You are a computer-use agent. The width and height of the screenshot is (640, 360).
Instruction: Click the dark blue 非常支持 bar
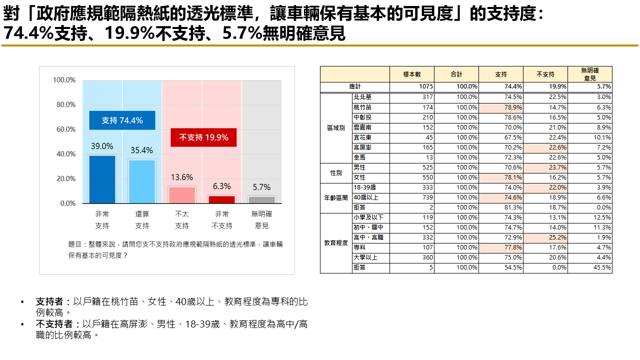pyautogui.click(x=102, y=179)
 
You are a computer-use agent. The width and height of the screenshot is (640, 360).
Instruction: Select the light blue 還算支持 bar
pyautogui.click(x=142, y=181)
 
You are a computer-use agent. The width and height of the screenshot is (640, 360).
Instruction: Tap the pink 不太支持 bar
pyautogui.click(x=182, y=194)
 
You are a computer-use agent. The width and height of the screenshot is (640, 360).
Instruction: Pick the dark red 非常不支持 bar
pyautogui.click(x=221, y=199)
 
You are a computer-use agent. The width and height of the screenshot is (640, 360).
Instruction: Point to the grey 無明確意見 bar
pyautogui.click(x=261, y=199)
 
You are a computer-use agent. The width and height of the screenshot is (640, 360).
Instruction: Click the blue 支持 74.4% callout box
pyautogui.click(x=122, y=120)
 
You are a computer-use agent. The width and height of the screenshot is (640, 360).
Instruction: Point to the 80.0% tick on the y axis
pyautogui.click(x=64, y=104)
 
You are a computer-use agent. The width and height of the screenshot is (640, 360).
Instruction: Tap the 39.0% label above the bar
pyautogui.click(x=102, y=146)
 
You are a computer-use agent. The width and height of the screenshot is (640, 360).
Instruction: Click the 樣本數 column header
pyautogui.click(x=412, y=74)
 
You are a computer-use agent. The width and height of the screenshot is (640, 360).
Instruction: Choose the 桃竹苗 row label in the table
pyautogui.click(x=362, y=107)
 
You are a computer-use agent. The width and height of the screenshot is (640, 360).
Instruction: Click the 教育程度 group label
pyautogui.click(x=336, y=243)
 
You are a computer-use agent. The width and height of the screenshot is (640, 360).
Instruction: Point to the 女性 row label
pyautogui.click(x=359, y=177)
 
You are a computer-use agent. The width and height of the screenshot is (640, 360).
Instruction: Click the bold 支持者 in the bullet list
pyautogui.click(x=49, y=302)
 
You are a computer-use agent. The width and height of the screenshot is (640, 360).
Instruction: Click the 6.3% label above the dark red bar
pyautogui.click(x=221, y=186)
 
